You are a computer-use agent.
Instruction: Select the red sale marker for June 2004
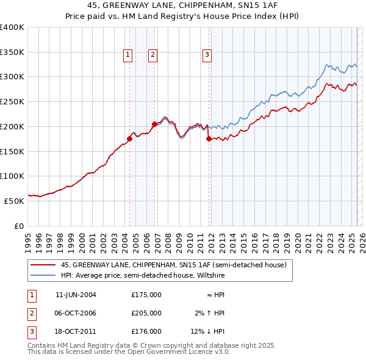coord(130,139)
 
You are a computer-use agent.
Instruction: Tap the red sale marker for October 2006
coord(154,124)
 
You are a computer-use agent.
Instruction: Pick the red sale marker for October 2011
coord(209,139)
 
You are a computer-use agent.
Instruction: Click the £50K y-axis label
coord(14,201)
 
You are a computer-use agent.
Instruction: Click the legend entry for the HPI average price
coord(143,276)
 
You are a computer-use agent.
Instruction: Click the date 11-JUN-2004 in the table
coord(76,295)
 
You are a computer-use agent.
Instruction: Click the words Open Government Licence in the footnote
coord(168,352)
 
